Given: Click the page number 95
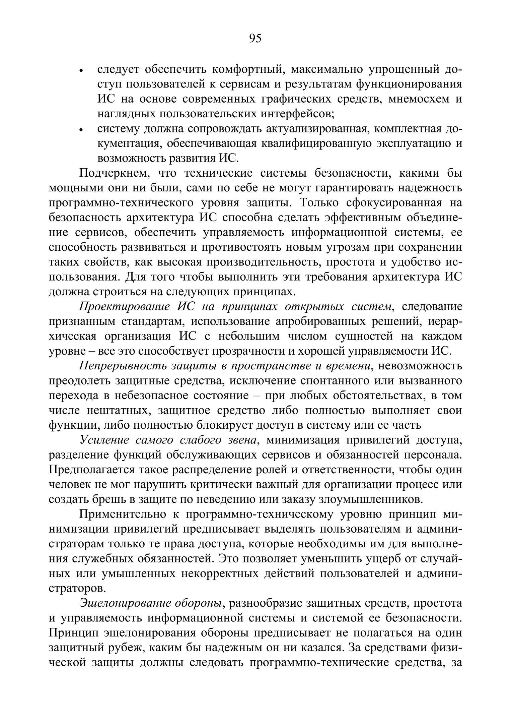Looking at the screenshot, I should click(255, 39).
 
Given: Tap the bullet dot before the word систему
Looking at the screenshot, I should click(81, 130).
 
